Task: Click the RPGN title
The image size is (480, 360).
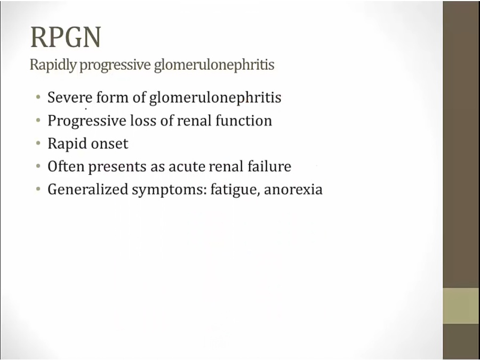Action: [x=66, y=37]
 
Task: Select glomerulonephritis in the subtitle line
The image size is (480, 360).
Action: [x=214, y=65]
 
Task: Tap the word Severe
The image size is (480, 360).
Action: [x=70, y=98]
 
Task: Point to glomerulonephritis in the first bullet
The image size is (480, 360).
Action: [x=215, y=98]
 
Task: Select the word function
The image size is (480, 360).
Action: [x=244, y=121]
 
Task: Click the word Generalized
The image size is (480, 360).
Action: [x=87, y=189]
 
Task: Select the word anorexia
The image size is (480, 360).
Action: [x=293, y=189]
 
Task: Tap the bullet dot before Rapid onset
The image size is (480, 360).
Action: [x=38, y=143]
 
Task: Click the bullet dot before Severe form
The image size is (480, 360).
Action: [x=38, y=97]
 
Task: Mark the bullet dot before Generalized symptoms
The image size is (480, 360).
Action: [x=38, y=189]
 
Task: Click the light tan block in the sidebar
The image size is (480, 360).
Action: [x=461, y=306]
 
